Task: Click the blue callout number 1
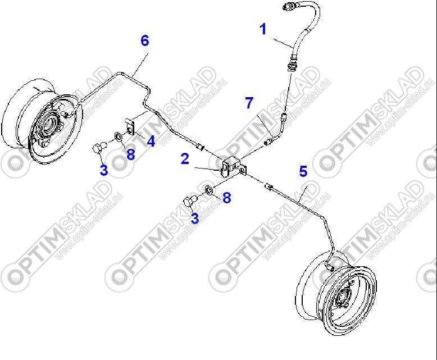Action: pyautogui.click(x=263, y=29)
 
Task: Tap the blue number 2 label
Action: pyautogui.click(x=185, y=159)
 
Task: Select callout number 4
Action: pyautogui.click(x=151, y=142)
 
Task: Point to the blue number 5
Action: pyautogui.click(x=303, y=171)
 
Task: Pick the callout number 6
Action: pyautogui.click(x=145, y=40)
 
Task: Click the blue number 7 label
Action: pyautogui.click(x=249, y=103)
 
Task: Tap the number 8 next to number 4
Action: pyautogui.click(x=131, y=154)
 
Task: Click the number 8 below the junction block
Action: pyautogui.click(x=227, y=198)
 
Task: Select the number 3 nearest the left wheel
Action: pyautogui.click(x=104, y=170)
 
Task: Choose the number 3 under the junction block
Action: pyautogui.click(x=195, y=218)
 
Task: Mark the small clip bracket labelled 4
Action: pyautogui.click(x=130, y=126)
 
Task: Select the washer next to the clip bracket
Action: pyautogui.click(x=117, y=136)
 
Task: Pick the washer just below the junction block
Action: pyautogui.click(x=209, y=190)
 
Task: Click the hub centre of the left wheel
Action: pyautogui.click(x=50, y=124)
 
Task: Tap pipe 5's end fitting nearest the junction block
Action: pyautogui.click(x=268, y=186)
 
